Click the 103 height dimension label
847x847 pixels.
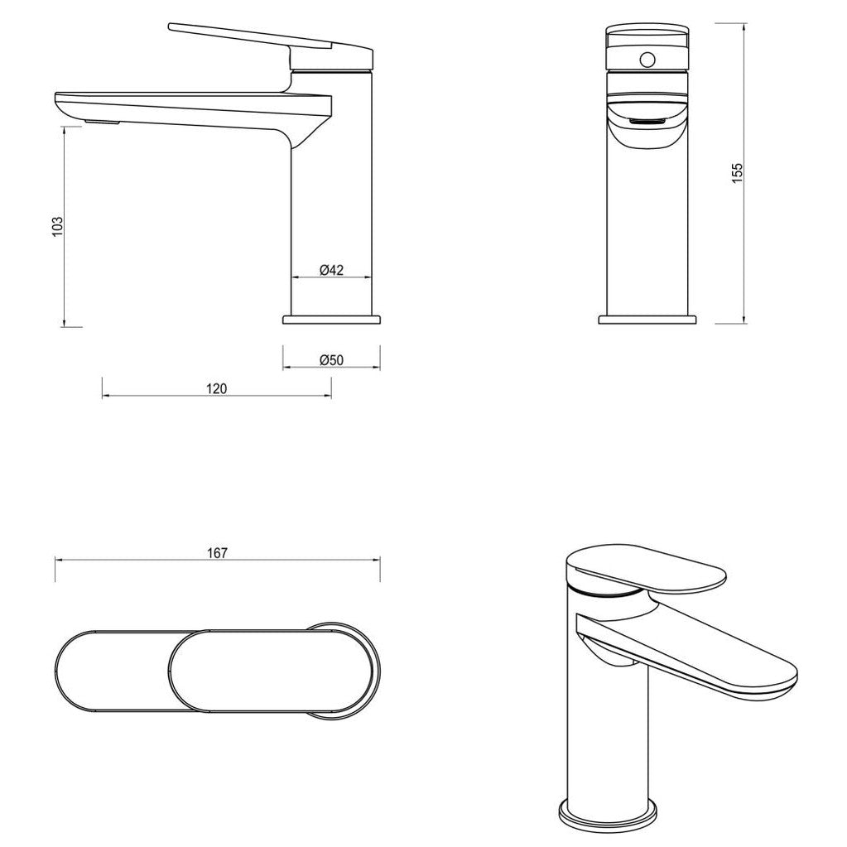click(x=57, y=226)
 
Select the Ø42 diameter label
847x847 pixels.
click(x=331, y=269)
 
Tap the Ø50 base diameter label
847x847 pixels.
click(x=331, y=359)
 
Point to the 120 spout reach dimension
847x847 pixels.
click(x=216, y=389)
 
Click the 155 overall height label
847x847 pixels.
click(x=738, y=172)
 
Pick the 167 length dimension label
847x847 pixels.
click(x=217, y=553)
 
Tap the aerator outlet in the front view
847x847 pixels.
click(x=648, y=123)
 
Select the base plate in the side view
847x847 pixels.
click(x=332, y=319)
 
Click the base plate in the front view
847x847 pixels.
click(x=648, y=319)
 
